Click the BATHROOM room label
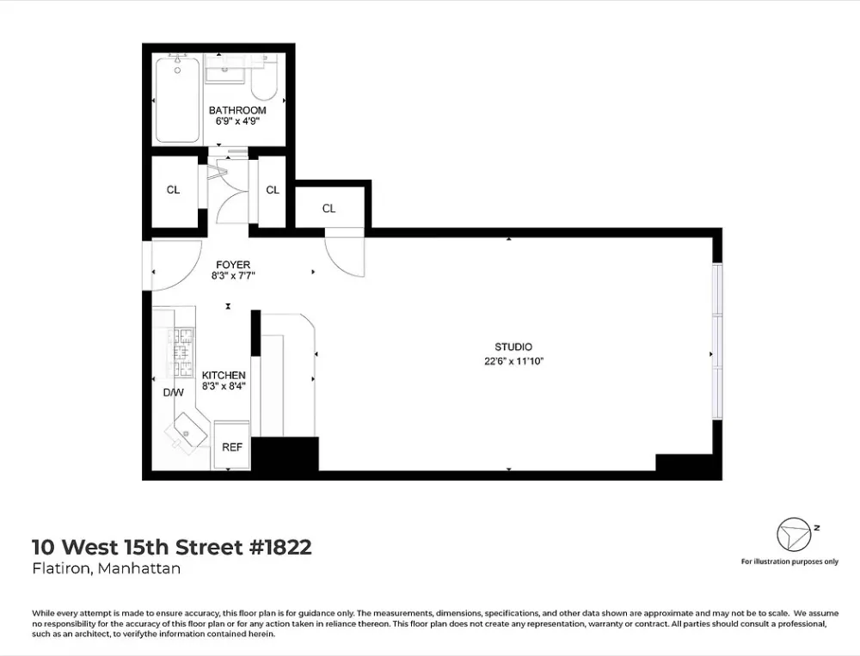coord(237,110)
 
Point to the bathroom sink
coord(224,70)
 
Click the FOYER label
coord(233,265)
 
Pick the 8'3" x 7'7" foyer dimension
coord(233,276)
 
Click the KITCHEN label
coord(224,375)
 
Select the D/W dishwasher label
coord(174,393)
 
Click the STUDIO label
coord(513,346)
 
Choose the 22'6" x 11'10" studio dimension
coord(513,361)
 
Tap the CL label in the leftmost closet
coord(174,190)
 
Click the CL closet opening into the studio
coord(329,208)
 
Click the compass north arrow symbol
coord(793,534)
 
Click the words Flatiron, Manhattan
coord(107,568)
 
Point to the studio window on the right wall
coord(717,341)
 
